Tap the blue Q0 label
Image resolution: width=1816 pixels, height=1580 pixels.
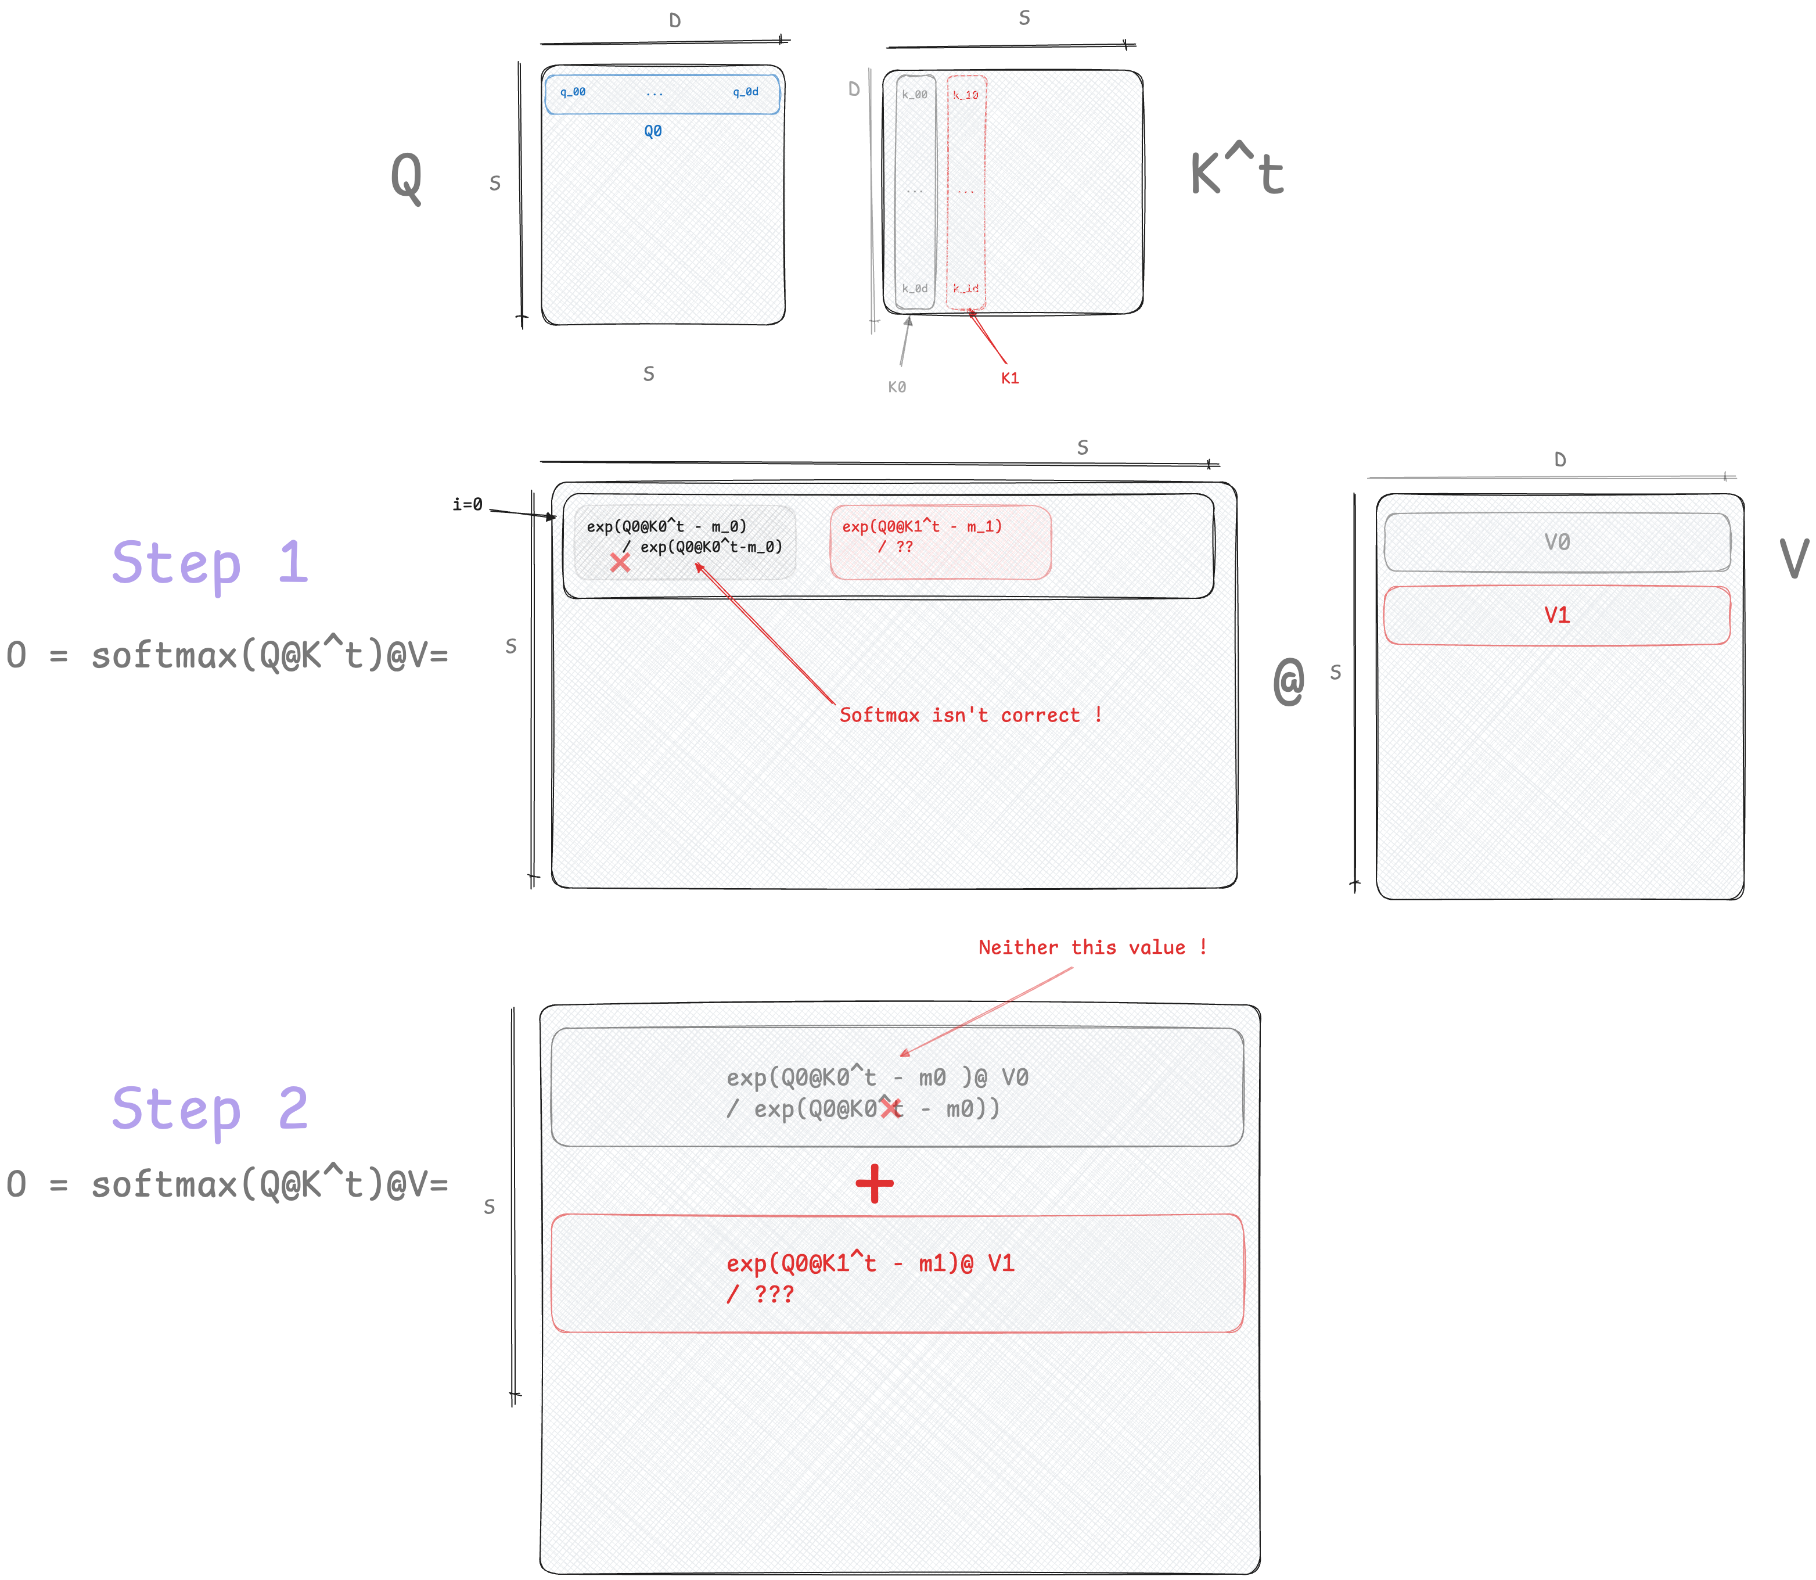(x=652, y=131)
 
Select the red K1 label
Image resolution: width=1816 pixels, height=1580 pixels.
(x=1009, y=378)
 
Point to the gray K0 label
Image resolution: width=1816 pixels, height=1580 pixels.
(x=897, y=387)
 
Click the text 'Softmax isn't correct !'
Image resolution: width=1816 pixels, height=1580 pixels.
(x=970, y=715)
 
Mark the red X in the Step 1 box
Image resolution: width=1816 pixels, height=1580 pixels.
(x=620, y=562)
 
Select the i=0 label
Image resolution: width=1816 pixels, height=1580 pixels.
(x=468, y=504)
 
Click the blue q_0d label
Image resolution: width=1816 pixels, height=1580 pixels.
(x=745, y=92)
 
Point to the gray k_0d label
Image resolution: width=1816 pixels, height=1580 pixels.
(x=914, y=288)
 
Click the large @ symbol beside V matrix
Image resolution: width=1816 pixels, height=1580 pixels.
(x=1288, y=681)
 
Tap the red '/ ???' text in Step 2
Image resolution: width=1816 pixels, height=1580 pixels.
(x=760, y=1294)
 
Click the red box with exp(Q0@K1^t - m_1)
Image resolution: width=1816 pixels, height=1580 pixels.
(x=940, y=541)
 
